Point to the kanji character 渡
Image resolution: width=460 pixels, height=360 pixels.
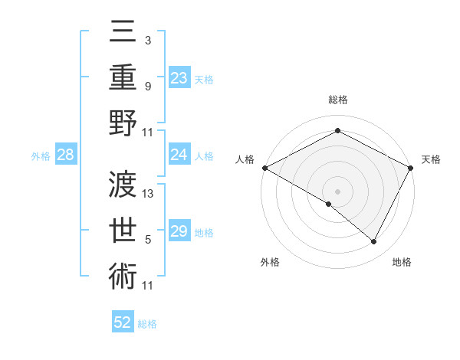coord(123,184)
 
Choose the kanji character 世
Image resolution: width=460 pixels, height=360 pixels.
coord(123,229)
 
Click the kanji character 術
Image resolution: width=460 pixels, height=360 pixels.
coord(123,274)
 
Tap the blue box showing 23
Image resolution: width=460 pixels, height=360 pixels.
coord(179,77)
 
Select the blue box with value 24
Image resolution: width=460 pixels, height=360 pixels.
coord(179,155)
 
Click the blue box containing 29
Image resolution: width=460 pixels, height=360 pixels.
coord(179,231)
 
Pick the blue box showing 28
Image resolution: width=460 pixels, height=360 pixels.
coord(66,155)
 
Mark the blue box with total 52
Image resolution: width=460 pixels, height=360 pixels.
coord(123,322)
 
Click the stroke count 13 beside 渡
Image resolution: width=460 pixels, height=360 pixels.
coord(149,194)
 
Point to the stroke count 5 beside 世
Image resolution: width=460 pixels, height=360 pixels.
coord(148,240)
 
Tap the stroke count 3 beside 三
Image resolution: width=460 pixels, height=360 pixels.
coord(148,40)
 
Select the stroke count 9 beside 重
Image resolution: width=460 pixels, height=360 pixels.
coord(148,86)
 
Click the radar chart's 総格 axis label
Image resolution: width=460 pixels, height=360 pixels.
coord(337,100)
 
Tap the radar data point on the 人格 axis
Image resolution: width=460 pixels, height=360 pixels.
coord(264,168)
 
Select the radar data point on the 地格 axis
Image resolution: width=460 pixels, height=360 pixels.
coord(374,242)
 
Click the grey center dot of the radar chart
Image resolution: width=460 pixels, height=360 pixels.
coord(337,191)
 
